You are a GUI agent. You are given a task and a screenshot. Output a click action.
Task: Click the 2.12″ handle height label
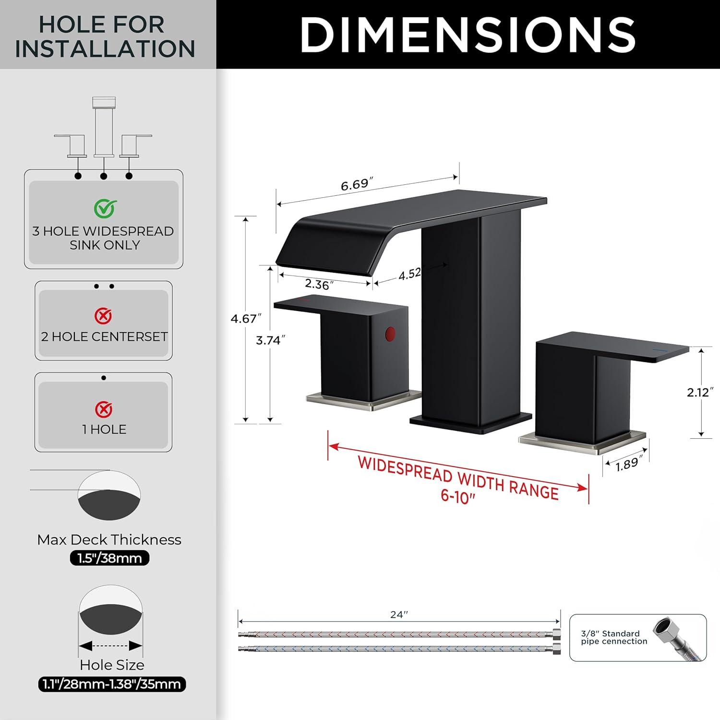[x=698, y=392]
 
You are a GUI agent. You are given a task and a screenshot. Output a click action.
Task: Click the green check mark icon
[x=105, y=208]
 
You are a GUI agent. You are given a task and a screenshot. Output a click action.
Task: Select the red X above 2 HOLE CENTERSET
[x=104, y=316]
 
